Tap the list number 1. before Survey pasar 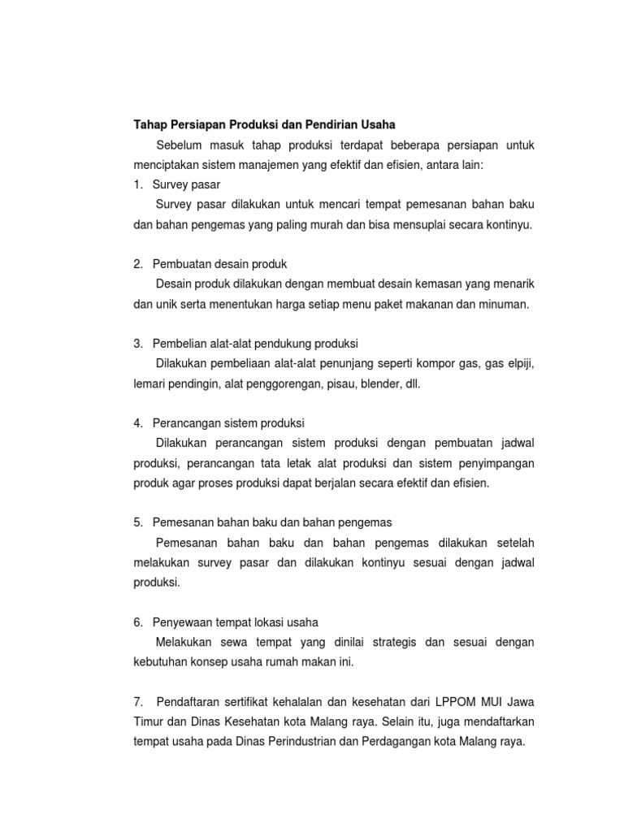(138, 184)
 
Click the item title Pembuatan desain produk (219, 264)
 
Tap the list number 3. (138, 344)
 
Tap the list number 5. (138, 522)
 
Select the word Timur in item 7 (147, 721)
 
